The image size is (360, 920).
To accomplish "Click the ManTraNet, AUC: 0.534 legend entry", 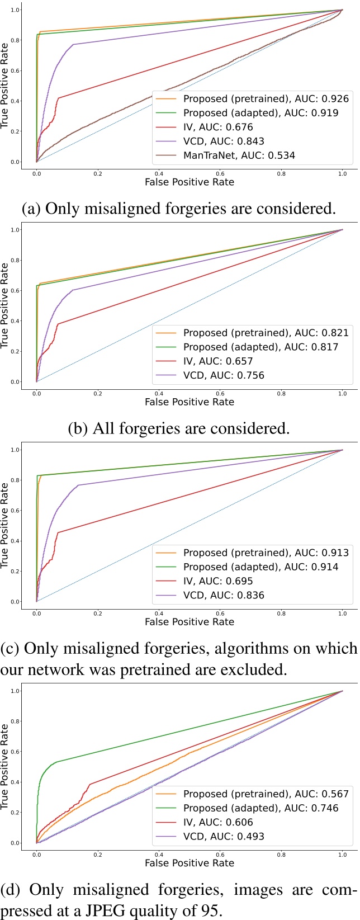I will pyautogui.click(x=239, y=155).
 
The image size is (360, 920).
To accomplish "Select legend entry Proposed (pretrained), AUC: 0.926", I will pyautogui.click(x=266, y=99).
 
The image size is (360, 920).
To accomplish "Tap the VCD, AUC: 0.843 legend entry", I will pyautogui.click(x=224, y=141).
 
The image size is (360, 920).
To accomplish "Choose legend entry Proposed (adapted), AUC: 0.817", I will pyautogui.click(x=260, y=347).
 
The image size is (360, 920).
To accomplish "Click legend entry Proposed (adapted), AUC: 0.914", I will pyautogui.click(x=260, y=567).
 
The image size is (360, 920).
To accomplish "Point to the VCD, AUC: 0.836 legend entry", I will pyautogui.click(x=224, y=595).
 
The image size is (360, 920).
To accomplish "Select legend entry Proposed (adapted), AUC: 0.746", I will pyautogui.click(x=260, y=808).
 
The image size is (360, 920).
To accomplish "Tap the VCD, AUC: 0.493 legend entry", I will pyautogui.click(x=224, y=837).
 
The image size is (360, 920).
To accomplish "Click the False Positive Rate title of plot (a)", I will pyautogui.click(x=189, y=182).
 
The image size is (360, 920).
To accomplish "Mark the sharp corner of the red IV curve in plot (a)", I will pyautogui.click(x=58, y=98).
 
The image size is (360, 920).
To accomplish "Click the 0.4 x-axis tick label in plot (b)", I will pyautogui.click(x=159, y=394).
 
